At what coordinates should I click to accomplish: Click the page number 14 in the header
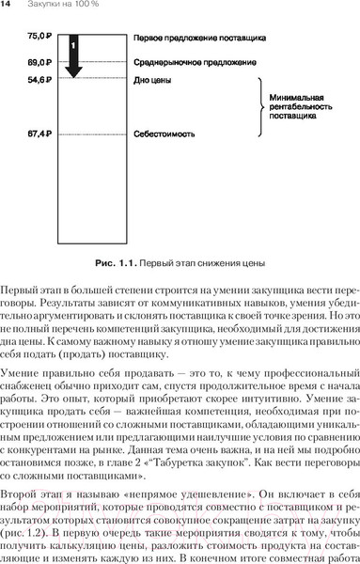[7, 6]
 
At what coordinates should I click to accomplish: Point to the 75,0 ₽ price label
[40, 35]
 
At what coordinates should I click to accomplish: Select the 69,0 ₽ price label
[40, 61]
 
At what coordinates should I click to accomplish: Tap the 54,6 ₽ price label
[40, 80]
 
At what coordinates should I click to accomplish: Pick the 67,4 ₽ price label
[40, 134]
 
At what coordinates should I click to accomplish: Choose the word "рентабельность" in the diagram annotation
[300, 107]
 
